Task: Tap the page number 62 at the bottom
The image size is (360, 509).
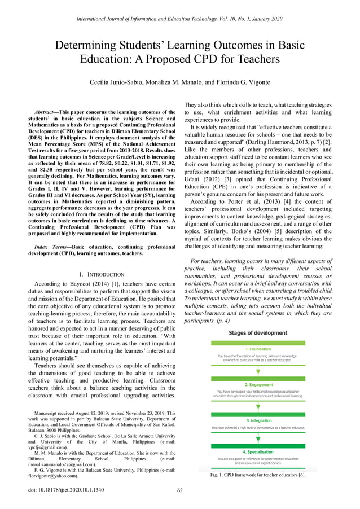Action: pos(180,490)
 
